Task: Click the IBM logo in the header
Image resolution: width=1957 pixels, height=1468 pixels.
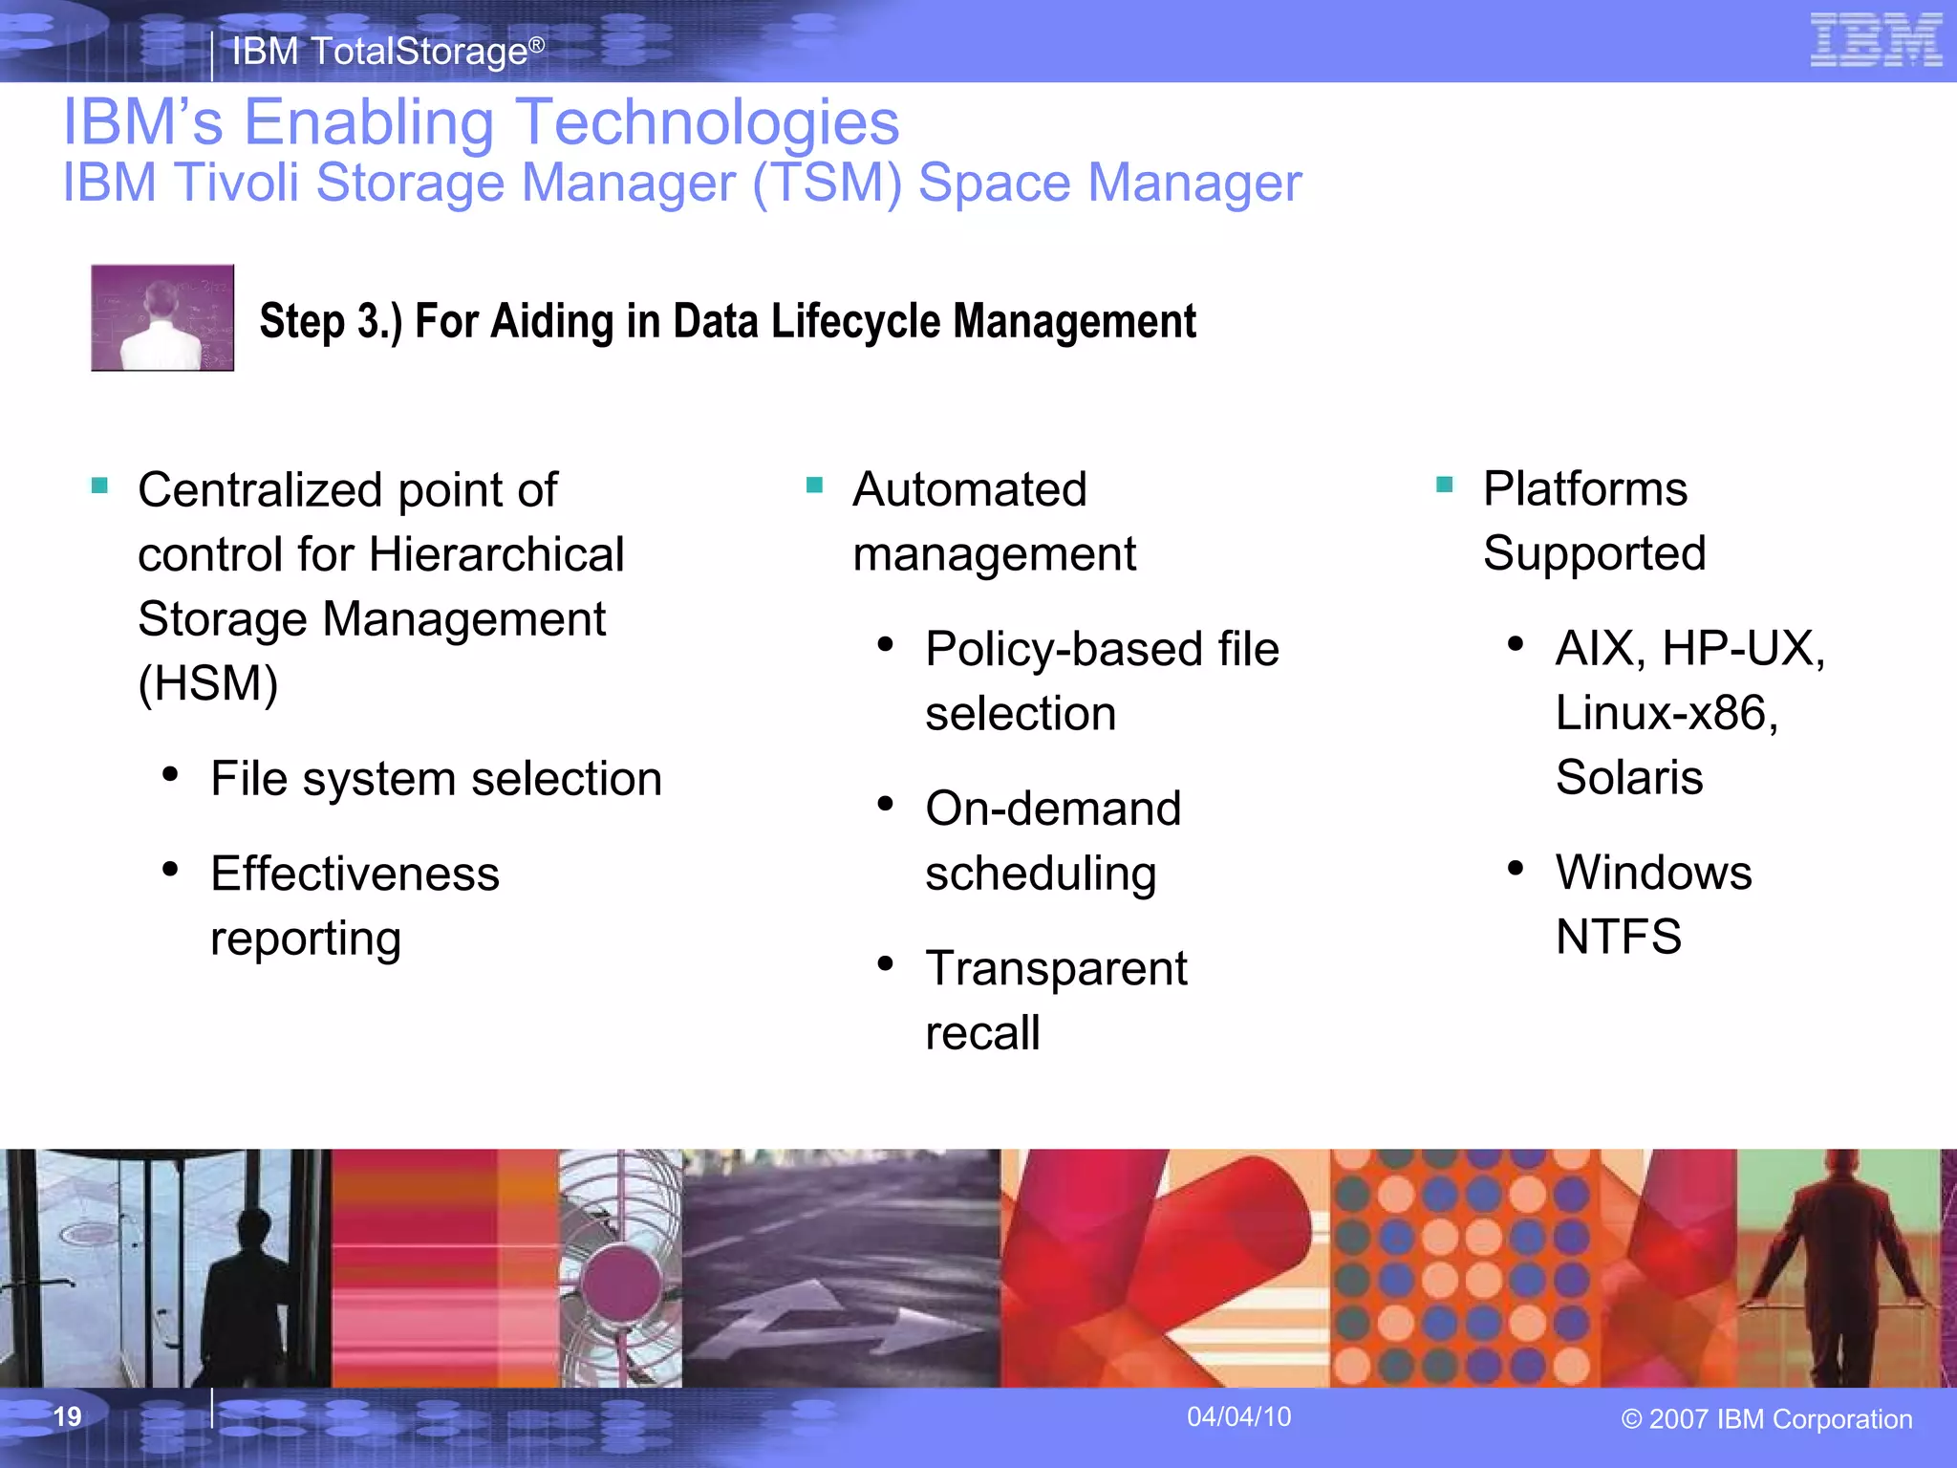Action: point(1876,40)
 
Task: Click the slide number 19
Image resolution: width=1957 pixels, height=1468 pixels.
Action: point(67,1416)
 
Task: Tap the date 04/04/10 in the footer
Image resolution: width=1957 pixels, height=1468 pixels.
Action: point(1238,1416)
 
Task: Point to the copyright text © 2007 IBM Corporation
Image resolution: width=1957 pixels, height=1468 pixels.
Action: point(1766,1419)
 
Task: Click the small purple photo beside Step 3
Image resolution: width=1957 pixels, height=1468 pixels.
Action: point(162,317)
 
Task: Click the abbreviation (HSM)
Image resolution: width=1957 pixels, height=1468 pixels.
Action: point(208,683)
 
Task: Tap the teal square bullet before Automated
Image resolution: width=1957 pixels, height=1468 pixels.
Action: point(814,486)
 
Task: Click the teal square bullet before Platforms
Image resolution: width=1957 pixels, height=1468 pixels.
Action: point(1444,485)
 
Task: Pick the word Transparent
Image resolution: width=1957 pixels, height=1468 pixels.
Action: point(1056,968)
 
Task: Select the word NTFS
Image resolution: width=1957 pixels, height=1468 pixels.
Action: point(1618,937)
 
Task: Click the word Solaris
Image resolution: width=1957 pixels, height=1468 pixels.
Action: point(1628,777)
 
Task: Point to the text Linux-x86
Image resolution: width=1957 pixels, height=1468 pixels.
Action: point(1666,713)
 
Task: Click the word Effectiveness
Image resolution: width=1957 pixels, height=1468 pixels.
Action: point(355,874)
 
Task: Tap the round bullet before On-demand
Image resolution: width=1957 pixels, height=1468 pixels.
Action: point(886,805)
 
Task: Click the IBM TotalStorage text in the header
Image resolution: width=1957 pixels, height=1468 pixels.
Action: point(387,51)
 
